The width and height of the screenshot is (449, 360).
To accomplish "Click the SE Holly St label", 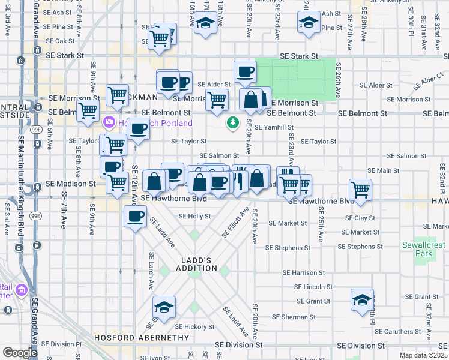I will coord(195,216).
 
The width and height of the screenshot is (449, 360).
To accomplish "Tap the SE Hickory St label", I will coord(194,327).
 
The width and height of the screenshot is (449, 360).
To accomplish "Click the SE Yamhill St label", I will coord(274,127).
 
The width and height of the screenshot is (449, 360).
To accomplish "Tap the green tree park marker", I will coord(232,123).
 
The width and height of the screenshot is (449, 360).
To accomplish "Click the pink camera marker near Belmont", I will coord(109,122).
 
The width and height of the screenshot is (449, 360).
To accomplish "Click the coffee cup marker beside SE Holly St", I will coord(135,216).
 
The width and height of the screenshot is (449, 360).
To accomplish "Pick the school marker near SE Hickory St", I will coord(164,307).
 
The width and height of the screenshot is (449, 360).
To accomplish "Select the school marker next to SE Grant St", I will coord(362,299).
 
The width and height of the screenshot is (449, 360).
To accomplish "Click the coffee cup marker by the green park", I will coord(244,71).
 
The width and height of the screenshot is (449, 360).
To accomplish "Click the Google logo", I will coord(20,353).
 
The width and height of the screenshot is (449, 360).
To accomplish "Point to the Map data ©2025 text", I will coord(423,355).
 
